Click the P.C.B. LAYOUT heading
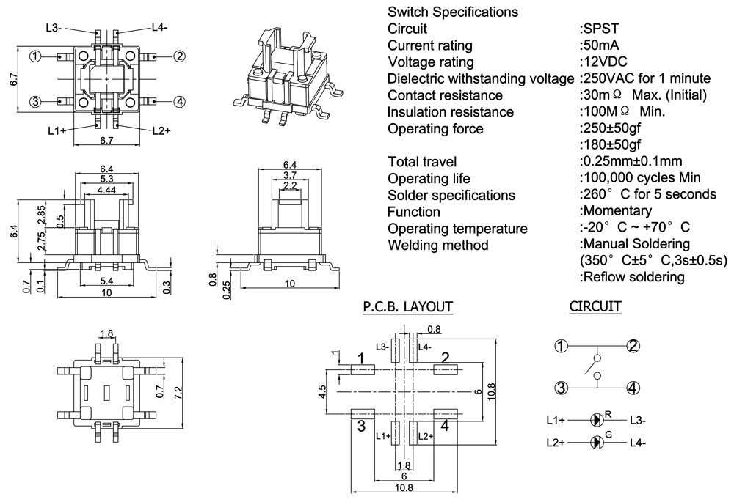(x=407, y=306)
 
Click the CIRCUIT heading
(x=595, y=306)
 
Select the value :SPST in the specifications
(x=600, y=29)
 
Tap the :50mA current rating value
(x=603, y=45)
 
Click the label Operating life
(x=429, y=178)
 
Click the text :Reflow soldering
(x=631, y=277)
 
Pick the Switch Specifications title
(x=452, y=12)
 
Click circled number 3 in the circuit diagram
(x=560, y=388)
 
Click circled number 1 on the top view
(x=34, y=56)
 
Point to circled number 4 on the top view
(x=179, y=101)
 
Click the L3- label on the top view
(x=53, y=28)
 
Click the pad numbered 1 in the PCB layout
(x=363, y=370)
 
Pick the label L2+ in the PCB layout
(x=425, y=436)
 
